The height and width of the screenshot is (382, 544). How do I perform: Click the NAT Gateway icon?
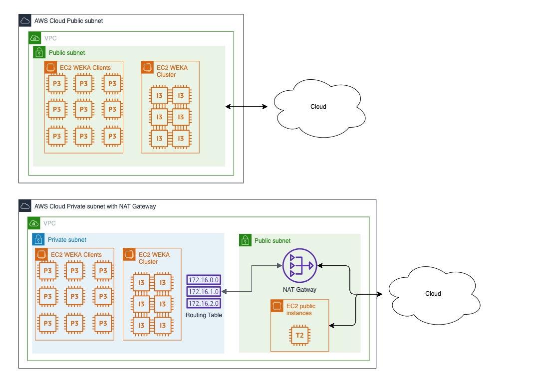coord(299,266)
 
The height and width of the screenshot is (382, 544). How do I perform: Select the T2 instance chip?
coord(299,335)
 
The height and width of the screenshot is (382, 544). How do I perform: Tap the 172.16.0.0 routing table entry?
coord(204,280)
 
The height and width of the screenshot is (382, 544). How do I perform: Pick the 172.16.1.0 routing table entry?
coord(204,291)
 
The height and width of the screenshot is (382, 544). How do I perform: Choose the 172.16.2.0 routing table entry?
coord(204,303)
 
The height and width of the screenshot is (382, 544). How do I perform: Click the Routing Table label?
coord(204,315)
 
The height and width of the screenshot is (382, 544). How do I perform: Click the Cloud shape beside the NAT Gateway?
coord(433,294)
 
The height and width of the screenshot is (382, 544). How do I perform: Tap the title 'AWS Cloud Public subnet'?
coord(68,21)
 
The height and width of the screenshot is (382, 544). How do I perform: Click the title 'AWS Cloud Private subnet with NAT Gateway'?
coord(95,206)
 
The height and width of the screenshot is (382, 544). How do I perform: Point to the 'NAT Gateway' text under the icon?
coord(299,289)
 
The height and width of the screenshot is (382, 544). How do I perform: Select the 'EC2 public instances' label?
coord(300,309)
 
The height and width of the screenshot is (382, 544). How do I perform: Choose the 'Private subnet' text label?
coord(67,240)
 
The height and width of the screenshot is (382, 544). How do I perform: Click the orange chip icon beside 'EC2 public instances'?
coord(277,306)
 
